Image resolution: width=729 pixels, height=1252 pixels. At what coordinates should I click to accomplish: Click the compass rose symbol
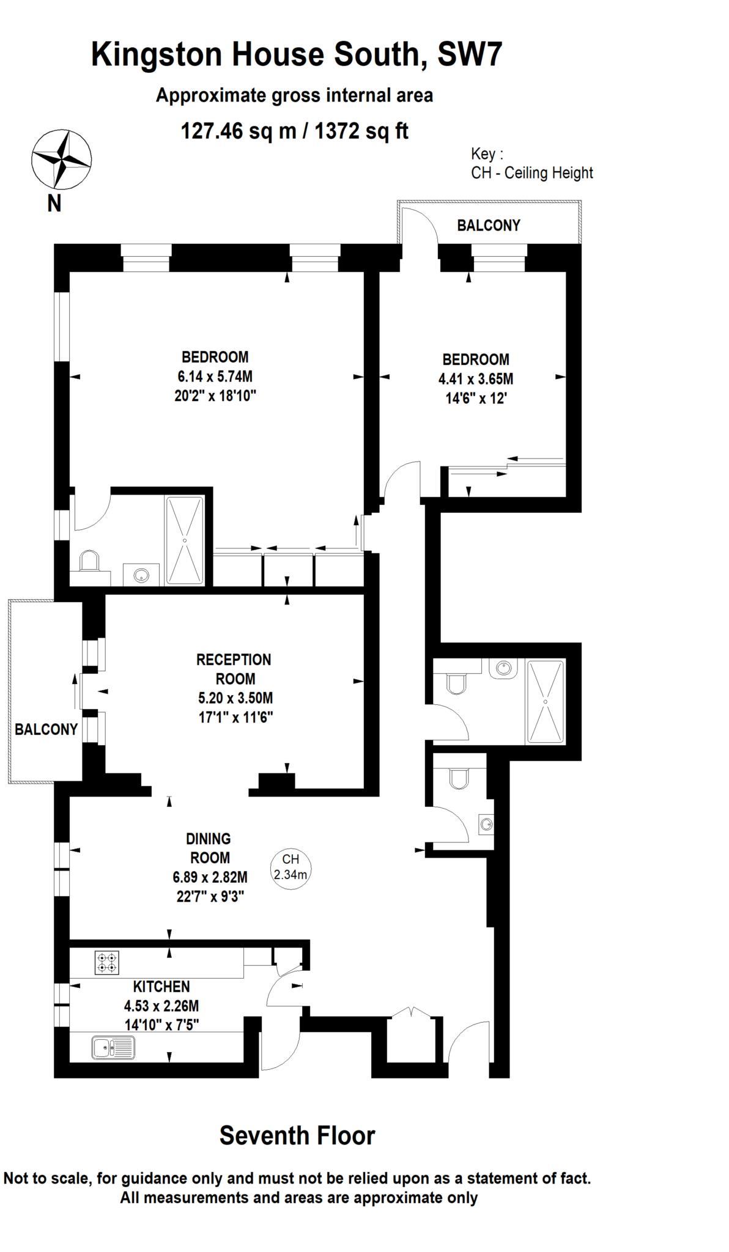tap(61, 159)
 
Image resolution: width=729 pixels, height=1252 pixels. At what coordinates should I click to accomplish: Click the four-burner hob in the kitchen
tap(107, 963)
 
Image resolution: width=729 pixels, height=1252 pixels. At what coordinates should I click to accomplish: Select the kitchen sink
tap(113, 1047)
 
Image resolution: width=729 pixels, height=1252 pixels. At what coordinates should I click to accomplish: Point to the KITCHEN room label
tap(161, 986)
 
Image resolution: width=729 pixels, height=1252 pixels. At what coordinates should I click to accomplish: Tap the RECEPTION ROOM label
tap(234, 669)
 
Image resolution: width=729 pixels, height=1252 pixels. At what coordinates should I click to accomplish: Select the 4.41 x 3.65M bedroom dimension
tap(476, 379)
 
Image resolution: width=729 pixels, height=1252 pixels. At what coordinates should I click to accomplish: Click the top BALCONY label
tap(489, 225)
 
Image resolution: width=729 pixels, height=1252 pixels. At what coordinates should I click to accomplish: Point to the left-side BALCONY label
tap(46, 729)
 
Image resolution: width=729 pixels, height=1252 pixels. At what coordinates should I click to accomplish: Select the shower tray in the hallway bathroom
tap(546, 701)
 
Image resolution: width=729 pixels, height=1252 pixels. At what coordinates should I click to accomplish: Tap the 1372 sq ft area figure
tap(361, 131)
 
